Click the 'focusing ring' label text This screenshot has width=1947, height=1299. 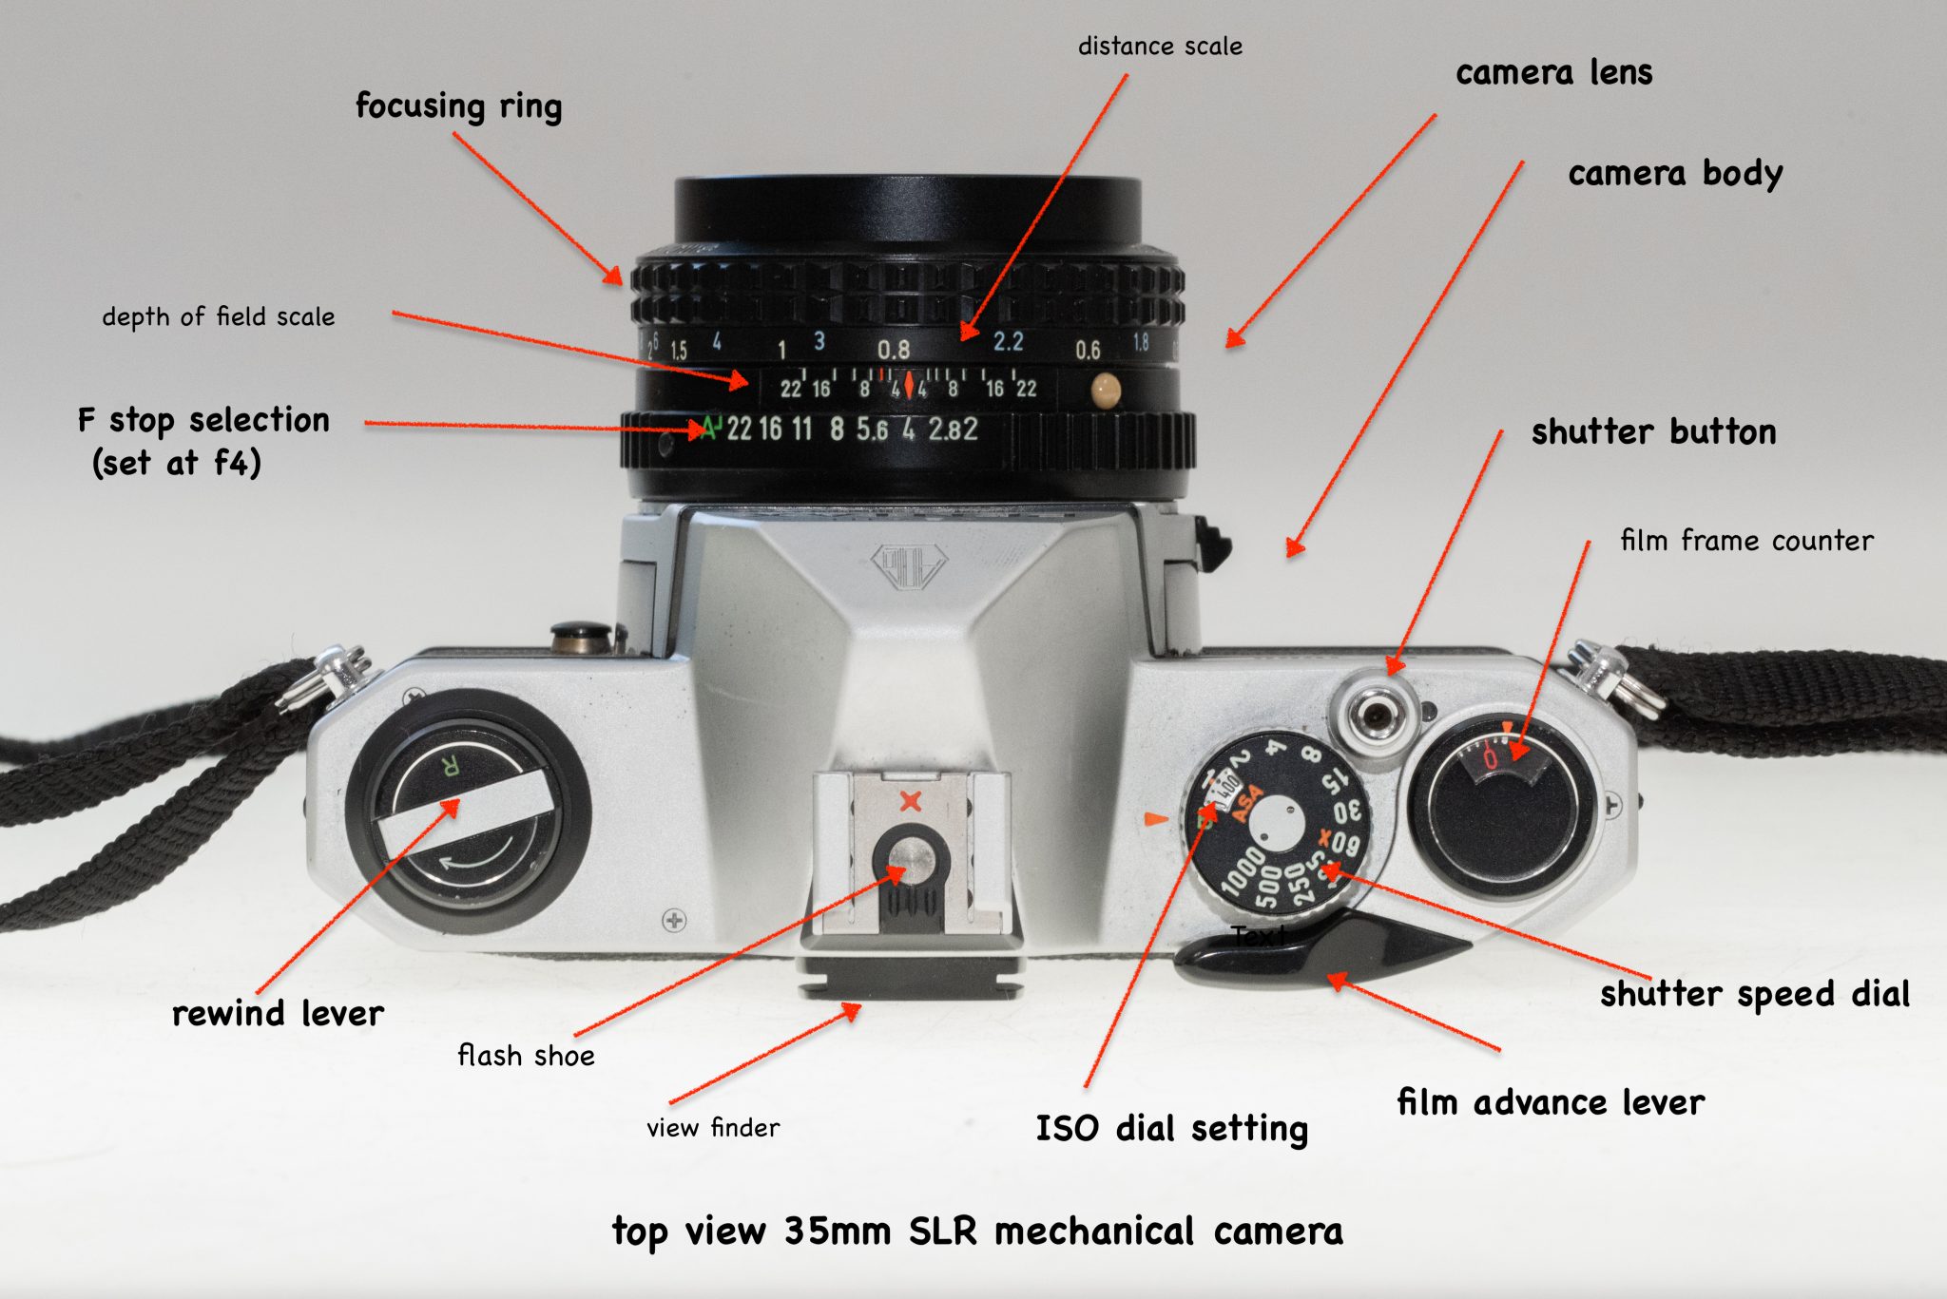(x=458, y=105)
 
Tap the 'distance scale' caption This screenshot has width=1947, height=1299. (x=1159, y=47)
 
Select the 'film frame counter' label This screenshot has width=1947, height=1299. (x=1746, y=541)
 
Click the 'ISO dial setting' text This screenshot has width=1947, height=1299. (x=1171, y=1128)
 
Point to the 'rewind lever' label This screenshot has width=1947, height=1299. (x=278, y=1013)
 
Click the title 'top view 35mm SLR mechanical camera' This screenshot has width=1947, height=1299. (x=977, y=1231)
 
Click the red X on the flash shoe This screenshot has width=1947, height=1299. (x=910, y=801)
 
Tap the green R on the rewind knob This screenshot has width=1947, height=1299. (x=452, y=765)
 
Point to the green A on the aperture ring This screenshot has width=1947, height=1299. (x=707, y=429)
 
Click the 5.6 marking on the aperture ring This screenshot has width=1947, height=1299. (x=872, y=430)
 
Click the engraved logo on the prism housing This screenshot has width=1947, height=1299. (x=908, y=567)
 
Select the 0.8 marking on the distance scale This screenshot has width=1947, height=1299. (x=893, y=349)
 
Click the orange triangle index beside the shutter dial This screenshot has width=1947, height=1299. (x=1155, y=818)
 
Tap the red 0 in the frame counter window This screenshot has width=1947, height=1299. (x=1490, y=757)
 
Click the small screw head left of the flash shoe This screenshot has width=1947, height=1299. (x=674, y=920)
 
